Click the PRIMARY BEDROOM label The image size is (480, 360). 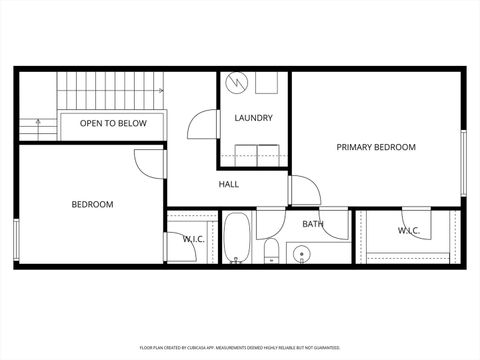375,147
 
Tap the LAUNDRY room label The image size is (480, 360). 253,118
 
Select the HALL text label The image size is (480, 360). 229,184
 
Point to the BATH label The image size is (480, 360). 313,224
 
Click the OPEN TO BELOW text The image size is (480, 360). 113,123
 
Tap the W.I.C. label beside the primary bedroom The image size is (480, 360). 408,231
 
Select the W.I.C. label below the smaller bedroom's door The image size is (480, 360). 193,239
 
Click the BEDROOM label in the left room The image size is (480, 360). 92,204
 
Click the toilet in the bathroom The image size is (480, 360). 271,250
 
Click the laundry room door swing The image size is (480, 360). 203,123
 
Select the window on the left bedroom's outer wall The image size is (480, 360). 16,240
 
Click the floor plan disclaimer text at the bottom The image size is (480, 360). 240,347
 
